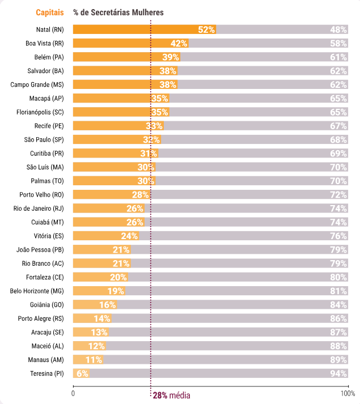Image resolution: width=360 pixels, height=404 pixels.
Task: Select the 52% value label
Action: [x=206, y=29]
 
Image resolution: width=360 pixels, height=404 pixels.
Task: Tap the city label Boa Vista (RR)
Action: [x=45, y=43]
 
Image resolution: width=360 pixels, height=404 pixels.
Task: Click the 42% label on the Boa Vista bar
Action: [x=179, y=43]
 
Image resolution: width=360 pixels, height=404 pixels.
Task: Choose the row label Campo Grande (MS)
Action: [x=37, y=84]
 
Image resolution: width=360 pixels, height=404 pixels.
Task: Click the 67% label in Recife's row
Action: [x=338, y=126]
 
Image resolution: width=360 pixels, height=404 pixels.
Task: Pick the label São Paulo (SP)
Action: [x=44, y=139]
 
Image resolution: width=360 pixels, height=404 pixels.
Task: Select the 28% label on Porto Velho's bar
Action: [x=139, y=194]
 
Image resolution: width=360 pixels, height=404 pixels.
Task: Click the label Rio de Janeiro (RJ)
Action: [x=39, y=209]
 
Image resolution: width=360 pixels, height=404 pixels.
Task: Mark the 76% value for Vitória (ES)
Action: [x=338, y=236]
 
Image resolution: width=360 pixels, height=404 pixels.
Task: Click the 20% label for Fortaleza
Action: [x=118, y=277]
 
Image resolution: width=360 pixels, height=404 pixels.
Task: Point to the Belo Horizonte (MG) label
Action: [x=37, y=291]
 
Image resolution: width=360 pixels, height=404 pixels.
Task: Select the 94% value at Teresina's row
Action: [x=338, y=373]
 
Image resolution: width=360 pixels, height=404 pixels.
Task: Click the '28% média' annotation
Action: [x=171, y=395]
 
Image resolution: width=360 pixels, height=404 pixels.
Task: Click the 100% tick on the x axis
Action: [x=348, y=393]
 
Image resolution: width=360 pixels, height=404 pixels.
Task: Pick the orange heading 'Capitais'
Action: [x=50, y=12]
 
